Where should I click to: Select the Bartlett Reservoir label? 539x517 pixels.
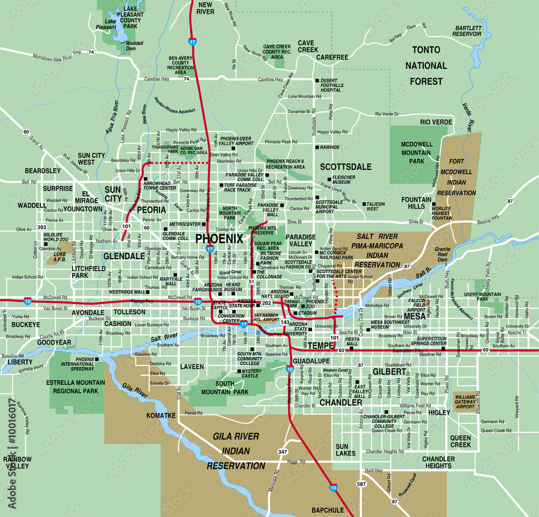point(468,30)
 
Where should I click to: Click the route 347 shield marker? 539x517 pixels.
point(282,452)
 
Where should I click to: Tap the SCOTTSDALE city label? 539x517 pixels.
point(345,167)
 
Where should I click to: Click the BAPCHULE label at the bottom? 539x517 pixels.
point(327,509)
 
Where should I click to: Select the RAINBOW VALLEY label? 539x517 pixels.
point(17,462)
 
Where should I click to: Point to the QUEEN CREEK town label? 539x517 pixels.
point(461,441)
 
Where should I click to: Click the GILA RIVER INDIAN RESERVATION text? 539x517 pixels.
point(236,451)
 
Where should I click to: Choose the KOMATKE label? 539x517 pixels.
point(161,416)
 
